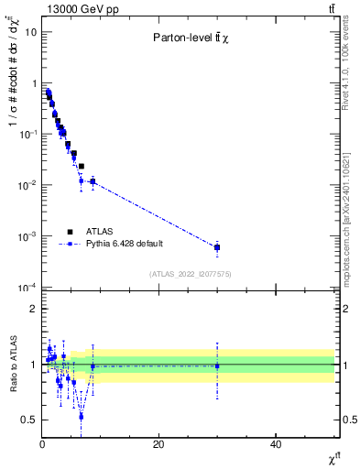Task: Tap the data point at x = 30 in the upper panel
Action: (217, 247)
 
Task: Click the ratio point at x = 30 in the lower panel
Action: (217, 365)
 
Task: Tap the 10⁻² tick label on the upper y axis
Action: (27, 185)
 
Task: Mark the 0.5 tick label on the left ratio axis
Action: (29, 420)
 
